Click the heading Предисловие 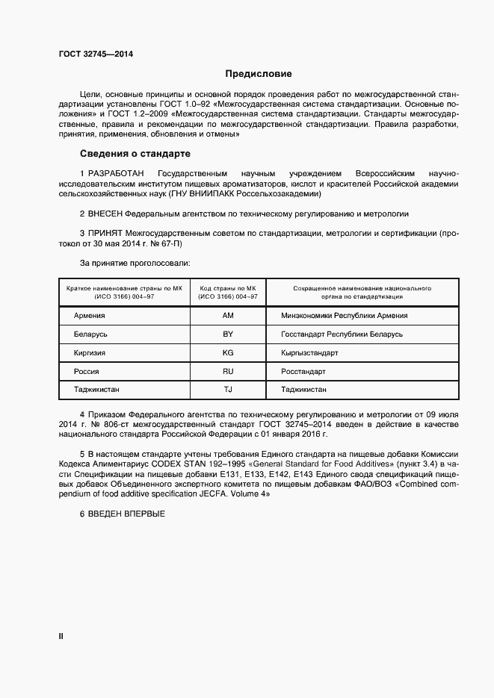click(x=259, y=74)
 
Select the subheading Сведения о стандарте click(x=135, y=154)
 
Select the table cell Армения click(x=89, y=315)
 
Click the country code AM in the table click(x=228, y=315)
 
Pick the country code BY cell click(x=228, y=334)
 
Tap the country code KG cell click(x=228, y=352)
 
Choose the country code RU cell click(x=228, y=371)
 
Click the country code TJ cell click(x=228, y=390)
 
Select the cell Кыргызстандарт click(x=309, y=352)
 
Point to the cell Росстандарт click(x=303, y=371)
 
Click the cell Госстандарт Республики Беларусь click(x=342, y=334)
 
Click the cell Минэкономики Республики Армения click(x=344, y=315)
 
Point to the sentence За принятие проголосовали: click(x=135, y=263)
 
